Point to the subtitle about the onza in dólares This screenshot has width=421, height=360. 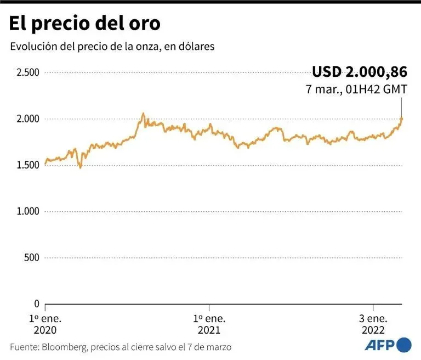pyautogui.click(x=112, y=47)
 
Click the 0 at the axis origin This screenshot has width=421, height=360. pyautogui.click(x=36, y=303)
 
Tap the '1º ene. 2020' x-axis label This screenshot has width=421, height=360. pyautogui.click(x=45, y=324)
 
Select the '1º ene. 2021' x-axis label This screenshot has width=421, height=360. pyautogui.click(x=209, y=324)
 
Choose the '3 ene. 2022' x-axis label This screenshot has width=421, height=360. pyautogui.click(x=373, y=324)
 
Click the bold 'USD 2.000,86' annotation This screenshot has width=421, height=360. pyautogui.click(x=360, y=72)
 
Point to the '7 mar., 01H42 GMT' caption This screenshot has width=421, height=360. pyautogui.click(x=356, y=88)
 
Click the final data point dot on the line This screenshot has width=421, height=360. pyautogui.click(x=401, y=119)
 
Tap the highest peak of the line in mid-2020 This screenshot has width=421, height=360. pyautogui.click(x=143, y=114)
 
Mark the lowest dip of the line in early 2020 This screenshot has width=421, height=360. pyautogui.click(x=80, y=167)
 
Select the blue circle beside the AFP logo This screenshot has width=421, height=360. pyautogui.click(x=404, y=345)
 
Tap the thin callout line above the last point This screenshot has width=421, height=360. pyautogui.click(x=401, y=106)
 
